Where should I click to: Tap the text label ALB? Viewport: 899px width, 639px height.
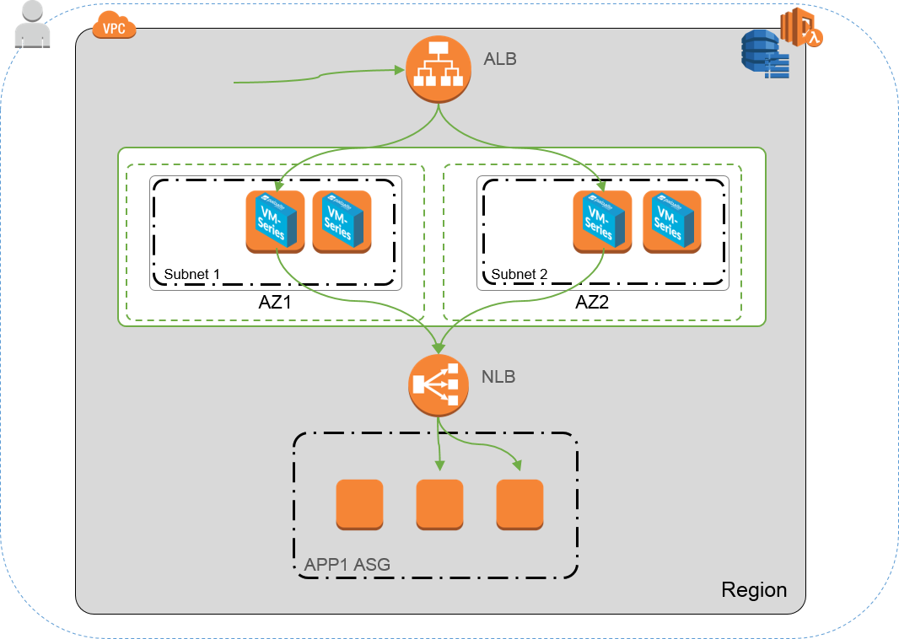(x=500, y=60)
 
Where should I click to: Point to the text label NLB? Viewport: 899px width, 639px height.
(x=498, y=377)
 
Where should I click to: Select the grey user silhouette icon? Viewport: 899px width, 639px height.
(x=33, y=24)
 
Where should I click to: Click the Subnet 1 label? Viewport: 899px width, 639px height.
(x=191, y=274)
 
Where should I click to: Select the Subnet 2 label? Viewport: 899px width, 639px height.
(x=519, y=274)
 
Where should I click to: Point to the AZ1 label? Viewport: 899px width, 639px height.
(x=274, y=303)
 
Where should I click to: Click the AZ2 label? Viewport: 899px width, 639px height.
(x=592, y=303)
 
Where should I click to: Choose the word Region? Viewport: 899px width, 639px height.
(x=754, y=590)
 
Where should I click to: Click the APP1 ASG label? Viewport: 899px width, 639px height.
(x=347, y=565)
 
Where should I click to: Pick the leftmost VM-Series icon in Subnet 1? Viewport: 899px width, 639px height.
(x=275, y=222)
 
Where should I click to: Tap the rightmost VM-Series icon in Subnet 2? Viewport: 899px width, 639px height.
(x=671, y=222)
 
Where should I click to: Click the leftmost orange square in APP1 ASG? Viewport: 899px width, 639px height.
(x=359, y=504)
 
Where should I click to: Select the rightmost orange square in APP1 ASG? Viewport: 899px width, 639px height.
(x=519, y=504)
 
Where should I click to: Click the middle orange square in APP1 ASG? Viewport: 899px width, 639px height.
(x=439, y=504)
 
